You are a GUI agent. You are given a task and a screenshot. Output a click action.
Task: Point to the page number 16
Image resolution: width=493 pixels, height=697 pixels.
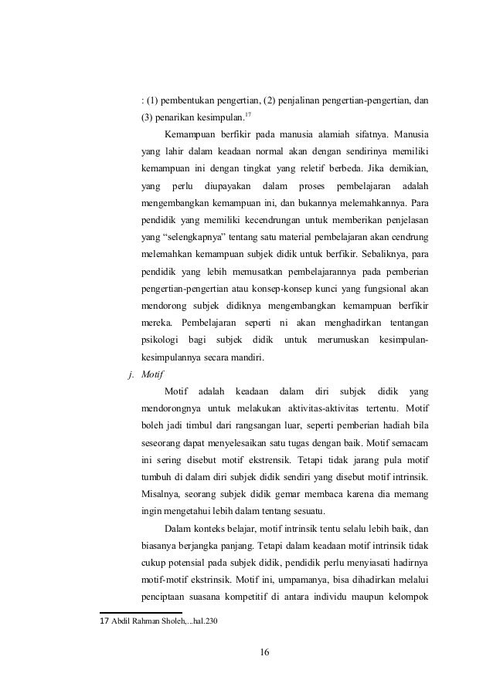(x=264, y=655)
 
